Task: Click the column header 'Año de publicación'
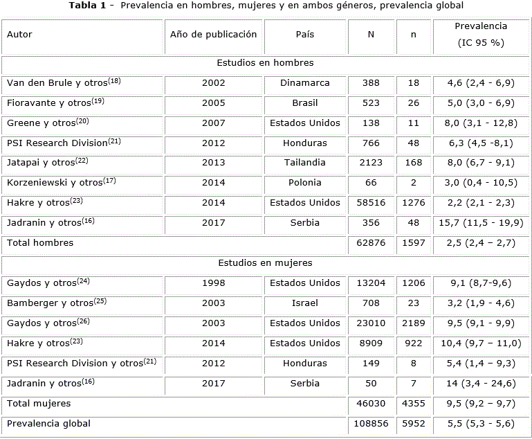213,35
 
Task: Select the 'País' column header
304,35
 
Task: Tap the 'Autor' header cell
19,35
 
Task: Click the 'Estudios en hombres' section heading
265,63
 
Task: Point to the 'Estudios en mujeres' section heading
265,263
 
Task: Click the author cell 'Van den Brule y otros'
64,83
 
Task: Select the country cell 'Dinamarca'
304,83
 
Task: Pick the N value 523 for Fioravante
371,103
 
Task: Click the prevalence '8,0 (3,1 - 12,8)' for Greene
481,123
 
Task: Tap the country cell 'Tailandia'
304,163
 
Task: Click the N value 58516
371,203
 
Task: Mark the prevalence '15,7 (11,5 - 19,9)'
481,223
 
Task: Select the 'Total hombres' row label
40,243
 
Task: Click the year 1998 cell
213,283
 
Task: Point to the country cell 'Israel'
304,303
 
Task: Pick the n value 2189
414,323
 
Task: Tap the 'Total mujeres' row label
39,403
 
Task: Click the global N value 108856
371,424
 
